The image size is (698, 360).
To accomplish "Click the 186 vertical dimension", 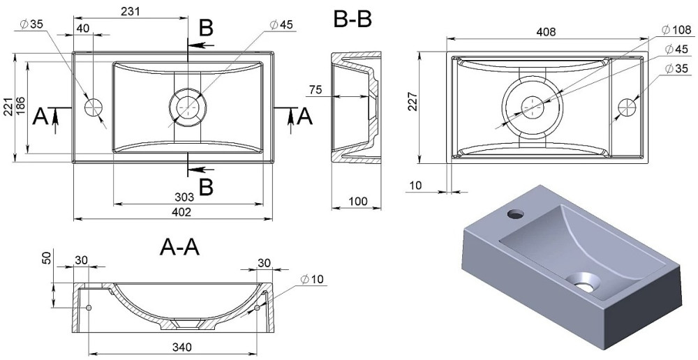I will point(22,107).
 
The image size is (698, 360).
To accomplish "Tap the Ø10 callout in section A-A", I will point(313,280).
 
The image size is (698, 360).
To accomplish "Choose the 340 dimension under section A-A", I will point(178,347).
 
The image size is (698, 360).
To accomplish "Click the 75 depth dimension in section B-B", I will point(315,89).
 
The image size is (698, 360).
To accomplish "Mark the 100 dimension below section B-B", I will point(357,202).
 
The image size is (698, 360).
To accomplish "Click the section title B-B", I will point(352,19).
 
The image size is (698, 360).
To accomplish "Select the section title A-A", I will point(179,246).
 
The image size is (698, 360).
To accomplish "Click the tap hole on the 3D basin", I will point(517,212).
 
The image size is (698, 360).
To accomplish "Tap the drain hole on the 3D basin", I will point(584,282).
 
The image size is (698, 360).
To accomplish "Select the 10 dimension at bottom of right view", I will point(417,185).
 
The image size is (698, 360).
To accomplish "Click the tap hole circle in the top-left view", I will point(93,107).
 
